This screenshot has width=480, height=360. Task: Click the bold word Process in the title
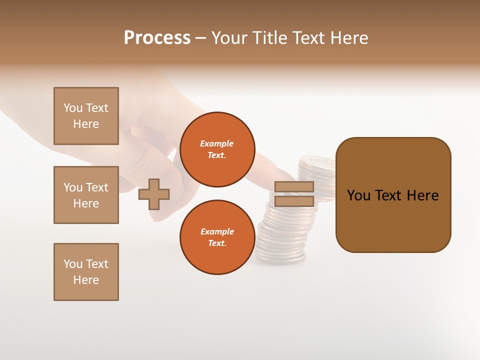pyautogui.click(x=157, y=38)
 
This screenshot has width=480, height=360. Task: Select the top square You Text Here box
pyautogui.click(x=86, y=116)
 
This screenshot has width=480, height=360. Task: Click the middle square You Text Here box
pyautogui.click(x=86, y=195)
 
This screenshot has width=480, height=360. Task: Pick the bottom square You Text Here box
pyautogui.click(x=86, y=272)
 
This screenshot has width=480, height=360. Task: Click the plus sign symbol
pyautogui.click(x=154, y=194)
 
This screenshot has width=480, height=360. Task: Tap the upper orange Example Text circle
pyautogui.click(x=217, y=149)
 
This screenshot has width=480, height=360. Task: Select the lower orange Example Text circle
pyautogui.click(x=217, y=237)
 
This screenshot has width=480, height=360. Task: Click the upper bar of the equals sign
pyautogui.click(x=294, y=186)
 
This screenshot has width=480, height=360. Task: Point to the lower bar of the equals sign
pyautogui.click(x=294, y=201)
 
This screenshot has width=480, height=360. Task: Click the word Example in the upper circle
pyautogui.click(x=217, y=143)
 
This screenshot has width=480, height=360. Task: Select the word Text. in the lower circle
pyautogui.click(x=217, y=243)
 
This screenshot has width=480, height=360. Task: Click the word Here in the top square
pyautogui.click(x=86, y=124)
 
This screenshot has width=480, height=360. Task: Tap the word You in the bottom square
pyautogui.click(x=73, y=264)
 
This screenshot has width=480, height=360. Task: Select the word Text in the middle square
pyautogui.click(x=97, y=187)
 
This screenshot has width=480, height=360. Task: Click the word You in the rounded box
pyautogui.click(x=358, y=195)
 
